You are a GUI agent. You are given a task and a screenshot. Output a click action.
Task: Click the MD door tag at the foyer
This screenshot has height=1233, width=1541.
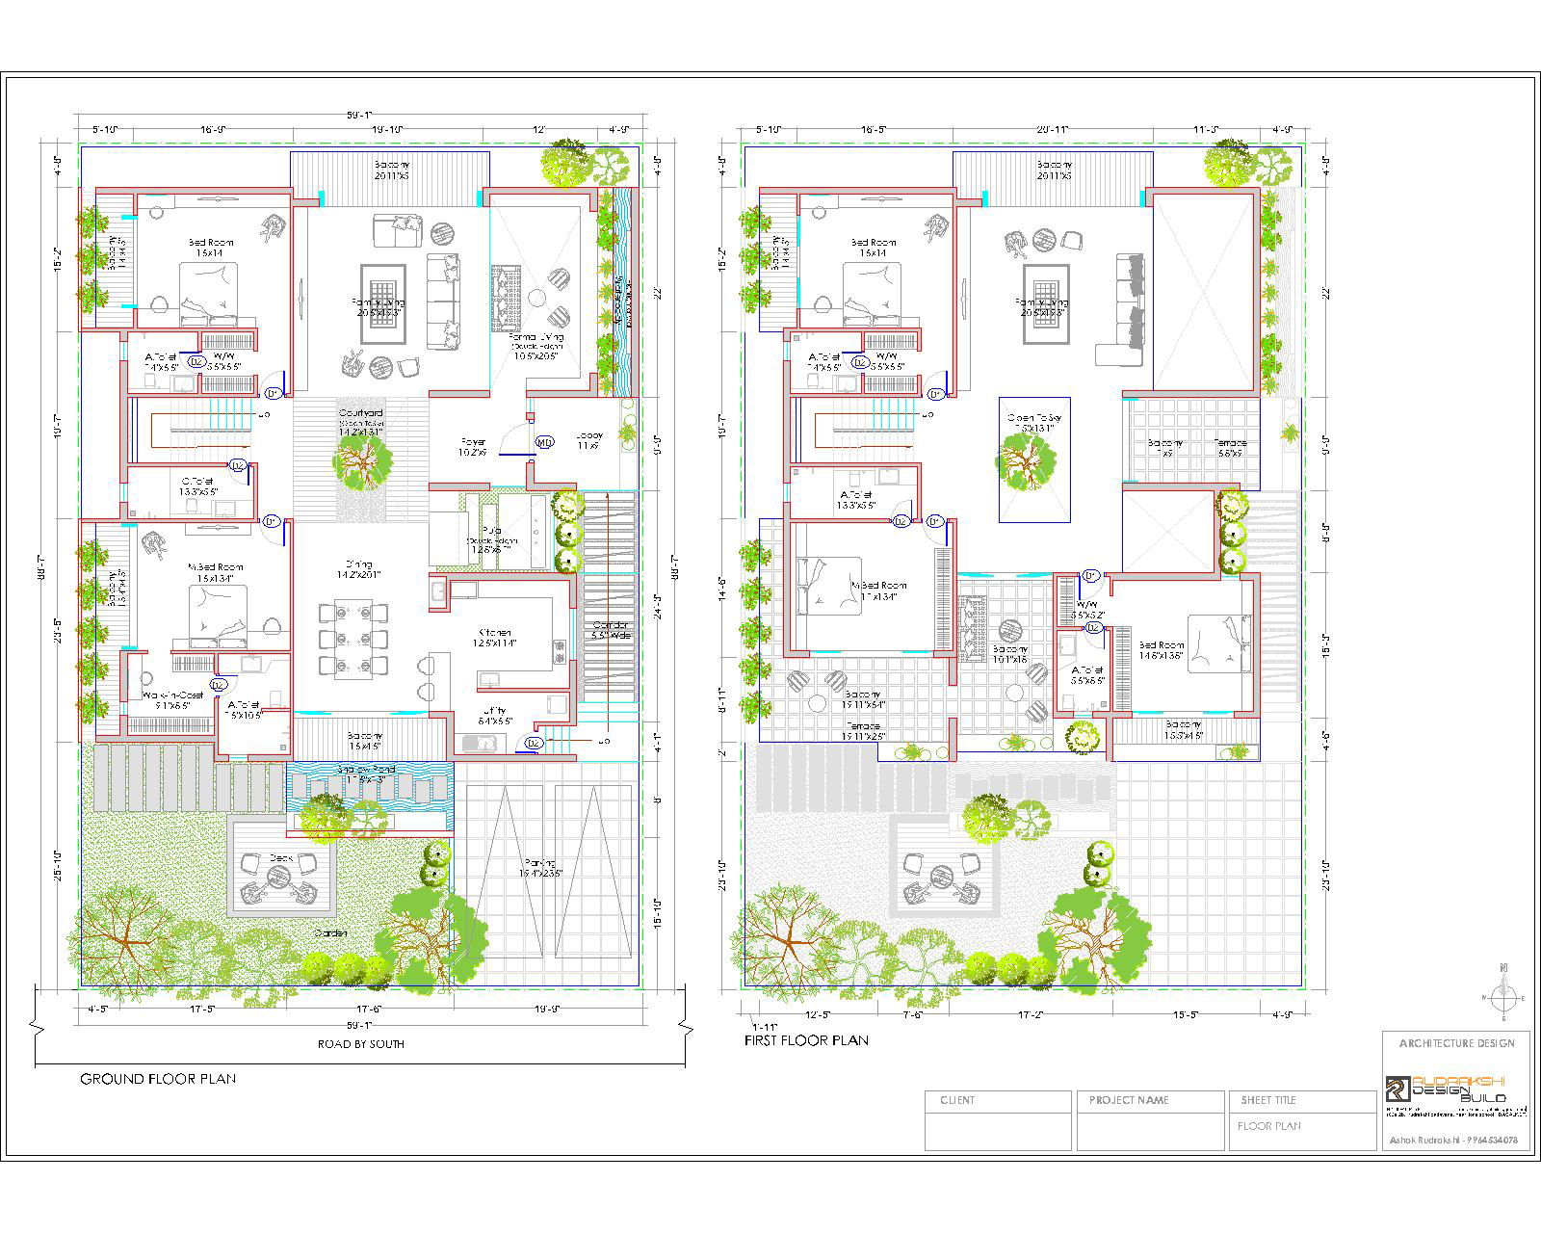545,443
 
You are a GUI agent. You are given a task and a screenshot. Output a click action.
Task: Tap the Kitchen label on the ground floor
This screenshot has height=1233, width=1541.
494,633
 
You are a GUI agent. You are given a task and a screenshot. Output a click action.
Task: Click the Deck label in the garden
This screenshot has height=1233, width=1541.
280,856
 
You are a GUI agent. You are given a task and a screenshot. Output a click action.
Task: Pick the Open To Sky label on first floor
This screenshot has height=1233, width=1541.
1033,417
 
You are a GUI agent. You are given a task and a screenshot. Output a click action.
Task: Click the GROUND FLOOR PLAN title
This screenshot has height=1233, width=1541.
157,1079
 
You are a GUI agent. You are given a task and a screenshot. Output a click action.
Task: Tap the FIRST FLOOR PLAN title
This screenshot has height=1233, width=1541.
806,1040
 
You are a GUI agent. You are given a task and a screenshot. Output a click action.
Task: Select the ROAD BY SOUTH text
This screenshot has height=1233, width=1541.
361,1044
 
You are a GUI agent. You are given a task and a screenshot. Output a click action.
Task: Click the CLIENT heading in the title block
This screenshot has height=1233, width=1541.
957,1100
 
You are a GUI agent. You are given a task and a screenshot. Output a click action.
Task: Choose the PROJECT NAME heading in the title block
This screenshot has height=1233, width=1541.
1128,1100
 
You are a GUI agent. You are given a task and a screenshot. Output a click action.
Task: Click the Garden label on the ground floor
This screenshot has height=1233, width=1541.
329,933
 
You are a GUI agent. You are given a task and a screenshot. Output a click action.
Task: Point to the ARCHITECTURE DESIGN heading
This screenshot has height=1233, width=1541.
1455,1043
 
